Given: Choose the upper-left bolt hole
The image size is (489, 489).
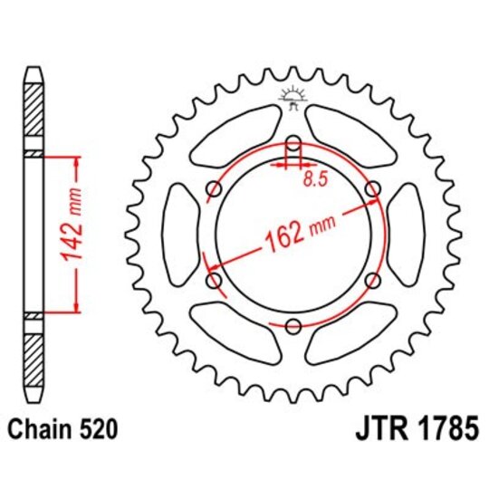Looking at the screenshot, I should pos(215,189).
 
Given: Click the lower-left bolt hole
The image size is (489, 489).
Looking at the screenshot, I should pos(215,282).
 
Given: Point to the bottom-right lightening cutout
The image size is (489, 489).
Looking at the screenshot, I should pos(350,337).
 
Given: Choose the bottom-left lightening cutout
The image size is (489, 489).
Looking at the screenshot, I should pos(236,337).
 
